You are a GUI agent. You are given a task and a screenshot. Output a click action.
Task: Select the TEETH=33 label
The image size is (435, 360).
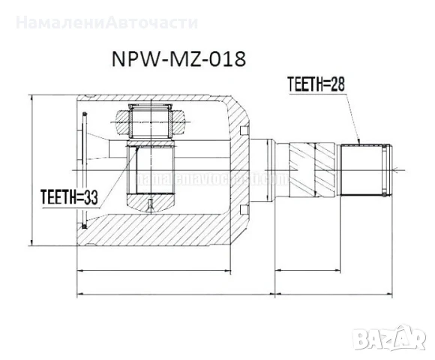tap(70, 198)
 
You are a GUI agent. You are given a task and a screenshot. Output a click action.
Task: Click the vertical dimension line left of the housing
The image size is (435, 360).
tap(32, 169)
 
